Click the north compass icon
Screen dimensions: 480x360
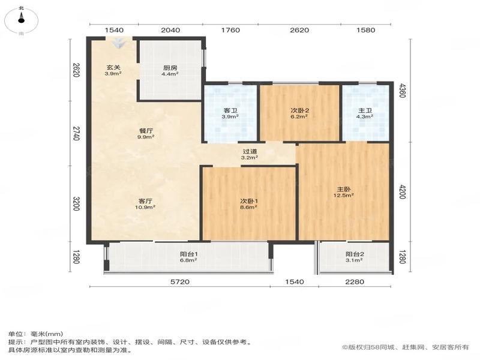[21, 20]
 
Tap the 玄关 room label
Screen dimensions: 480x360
[113, 70]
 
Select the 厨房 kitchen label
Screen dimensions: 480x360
[170, 71]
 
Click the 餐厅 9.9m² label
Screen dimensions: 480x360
[146, 134]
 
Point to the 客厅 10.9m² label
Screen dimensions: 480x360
[145, 204]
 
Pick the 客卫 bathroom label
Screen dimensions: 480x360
[230, 113]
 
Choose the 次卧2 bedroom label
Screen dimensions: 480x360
[299, 113]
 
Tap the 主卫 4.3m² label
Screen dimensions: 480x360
[365, 113]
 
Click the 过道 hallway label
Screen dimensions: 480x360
[250, 154]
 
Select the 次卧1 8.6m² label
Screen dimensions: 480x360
[248, 204]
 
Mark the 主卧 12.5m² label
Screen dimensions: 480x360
[344, 192]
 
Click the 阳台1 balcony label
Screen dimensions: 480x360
[188, 257]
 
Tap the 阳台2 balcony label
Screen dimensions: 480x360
[355, 257]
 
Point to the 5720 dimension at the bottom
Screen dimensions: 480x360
[179, 281]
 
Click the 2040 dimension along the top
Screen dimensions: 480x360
[170, 30]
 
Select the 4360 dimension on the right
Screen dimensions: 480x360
[402, 91]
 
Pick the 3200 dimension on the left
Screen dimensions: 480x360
[76, 204]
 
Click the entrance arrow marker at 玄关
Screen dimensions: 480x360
[119, 43]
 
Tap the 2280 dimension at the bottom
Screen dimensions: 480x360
[355, 281]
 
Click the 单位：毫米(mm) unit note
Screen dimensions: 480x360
[35, 334]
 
